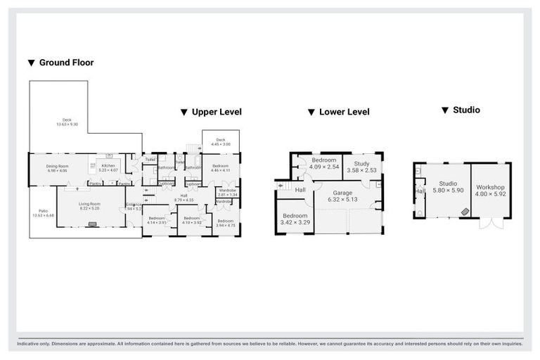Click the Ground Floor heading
pos(65,63)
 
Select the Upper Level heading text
pos(216,112)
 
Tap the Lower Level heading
pos(344,112)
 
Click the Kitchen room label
pos(107,167)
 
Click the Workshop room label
pos(490,191)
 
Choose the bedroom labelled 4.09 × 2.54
pos(325,163)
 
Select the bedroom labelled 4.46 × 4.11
pos(220,169)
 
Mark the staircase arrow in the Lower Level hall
pos(283,186)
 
